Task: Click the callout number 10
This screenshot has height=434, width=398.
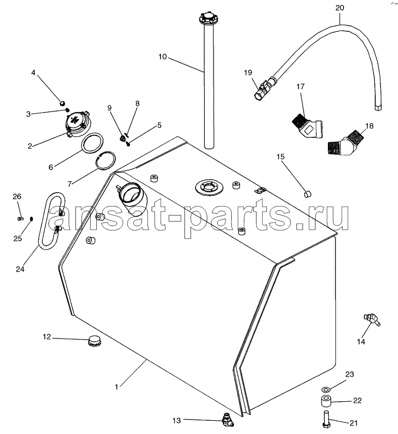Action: tap(162, 57)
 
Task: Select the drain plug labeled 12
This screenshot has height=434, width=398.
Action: tap(94, 341)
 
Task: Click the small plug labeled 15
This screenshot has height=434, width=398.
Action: tap(307, 194)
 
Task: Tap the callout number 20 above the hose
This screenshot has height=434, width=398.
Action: tap(339, 8)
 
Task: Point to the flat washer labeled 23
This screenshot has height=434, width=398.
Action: tap(326, 390)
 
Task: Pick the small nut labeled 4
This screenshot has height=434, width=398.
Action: tap(63, 103)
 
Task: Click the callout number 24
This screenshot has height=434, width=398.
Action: tap(20, 269)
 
